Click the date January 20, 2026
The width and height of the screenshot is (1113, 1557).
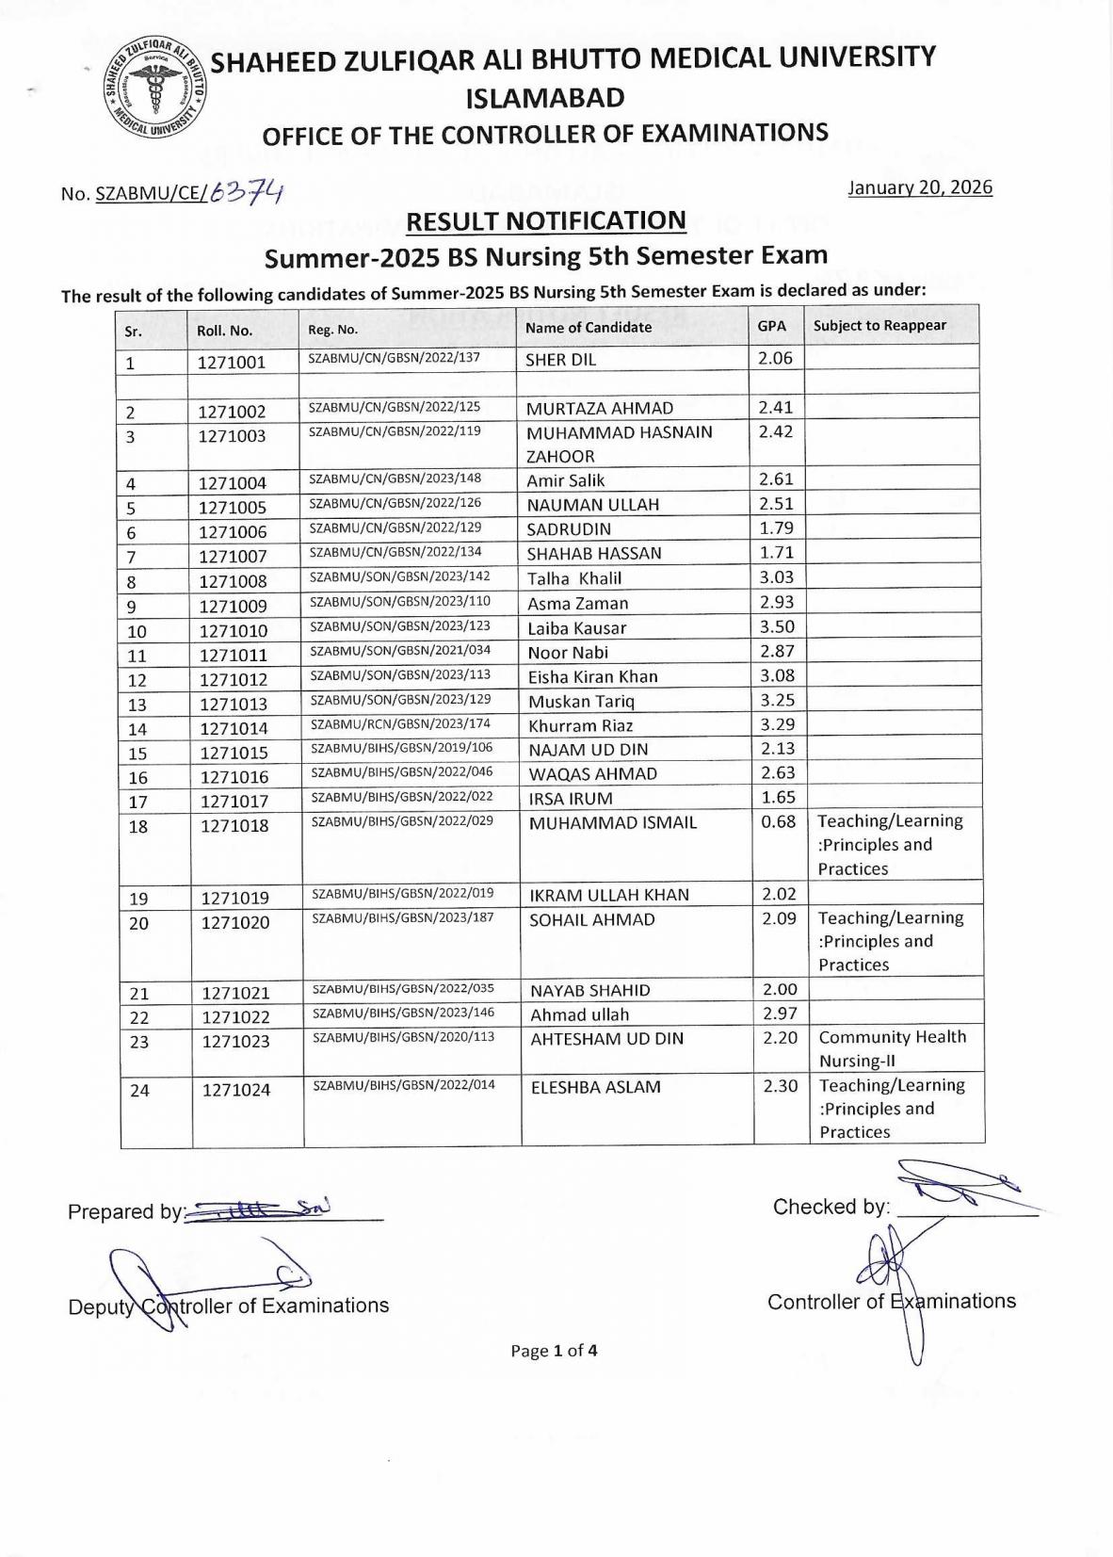pyautogui.click(x=920, y=187)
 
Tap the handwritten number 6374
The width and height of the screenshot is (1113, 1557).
pyautogui.click(x=247, y=192)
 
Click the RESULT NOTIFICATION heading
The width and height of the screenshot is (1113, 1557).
pyautogui.click(x=545, y=221)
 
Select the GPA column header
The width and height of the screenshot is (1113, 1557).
pyautogui.click(x=772, y=326)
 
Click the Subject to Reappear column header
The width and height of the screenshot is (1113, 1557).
pyautogui.click(x=879, y=326)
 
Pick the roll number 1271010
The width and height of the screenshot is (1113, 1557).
pyautogui.click(x=233, y=631)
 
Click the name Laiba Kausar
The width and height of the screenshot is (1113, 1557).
pyautogui.click(x=576, y=628)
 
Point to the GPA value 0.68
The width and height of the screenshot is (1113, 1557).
pyautogui.click(x=779, y=821)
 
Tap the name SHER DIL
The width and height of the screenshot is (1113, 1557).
pyautogui.click(x=560, y=360)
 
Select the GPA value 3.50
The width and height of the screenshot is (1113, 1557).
pyautogui.click(x=777, y=626)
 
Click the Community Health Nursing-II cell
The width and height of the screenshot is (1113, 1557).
pyautogui.click(x=892, y=1048)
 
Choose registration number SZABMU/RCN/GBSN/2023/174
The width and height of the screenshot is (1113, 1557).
pyautogui.click(x=401, y=724)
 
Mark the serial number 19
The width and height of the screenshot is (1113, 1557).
pyautogui.click(x=138, y=899)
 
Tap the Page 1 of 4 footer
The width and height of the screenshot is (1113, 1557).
pyautogui.click(x=554, y=1351)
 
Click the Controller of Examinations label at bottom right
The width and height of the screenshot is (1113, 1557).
pyautogui.click(x=891, y=1302)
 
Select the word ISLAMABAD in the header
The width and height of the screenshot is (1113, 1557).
pyautogui.click(x=545, y=98)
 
